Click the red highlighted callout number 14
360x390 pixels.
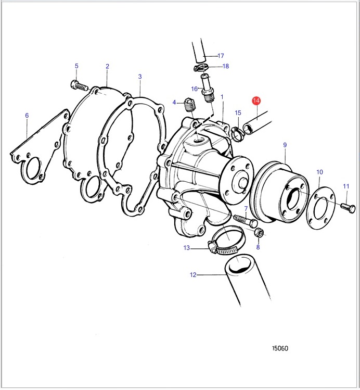[256, 100]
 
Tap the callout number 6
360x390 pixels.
[27, 116]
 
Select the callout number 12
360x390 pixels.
[193, 275]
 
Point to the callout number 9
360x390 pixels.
[285, 145]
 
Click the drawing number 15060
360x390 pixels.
[280, 348]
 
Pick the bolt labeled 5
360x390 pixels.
[79, 85]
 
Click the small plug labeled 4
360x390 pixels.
[190, 105]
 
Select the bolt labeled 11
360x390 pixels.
[348, 208]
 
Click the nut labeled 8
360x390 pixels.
[259, 232]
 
